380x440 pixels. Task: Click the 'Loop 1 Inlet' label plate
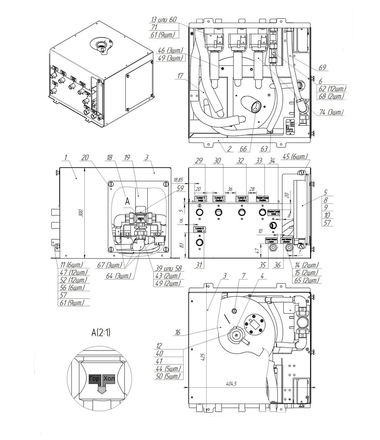[x=200, y=199]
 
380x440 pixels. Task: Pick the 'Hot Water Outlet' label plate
[x=287, y=240]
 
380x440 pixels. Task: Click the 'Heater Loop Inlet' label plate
[x=274, y=212]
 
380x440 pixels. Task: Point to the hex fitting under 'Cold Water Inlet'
[x=273, y=248]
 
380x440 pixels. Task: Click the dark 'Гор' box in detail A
[x=94, y=379]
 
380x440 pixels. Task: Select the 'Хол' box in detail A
[x=108, y=379]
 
